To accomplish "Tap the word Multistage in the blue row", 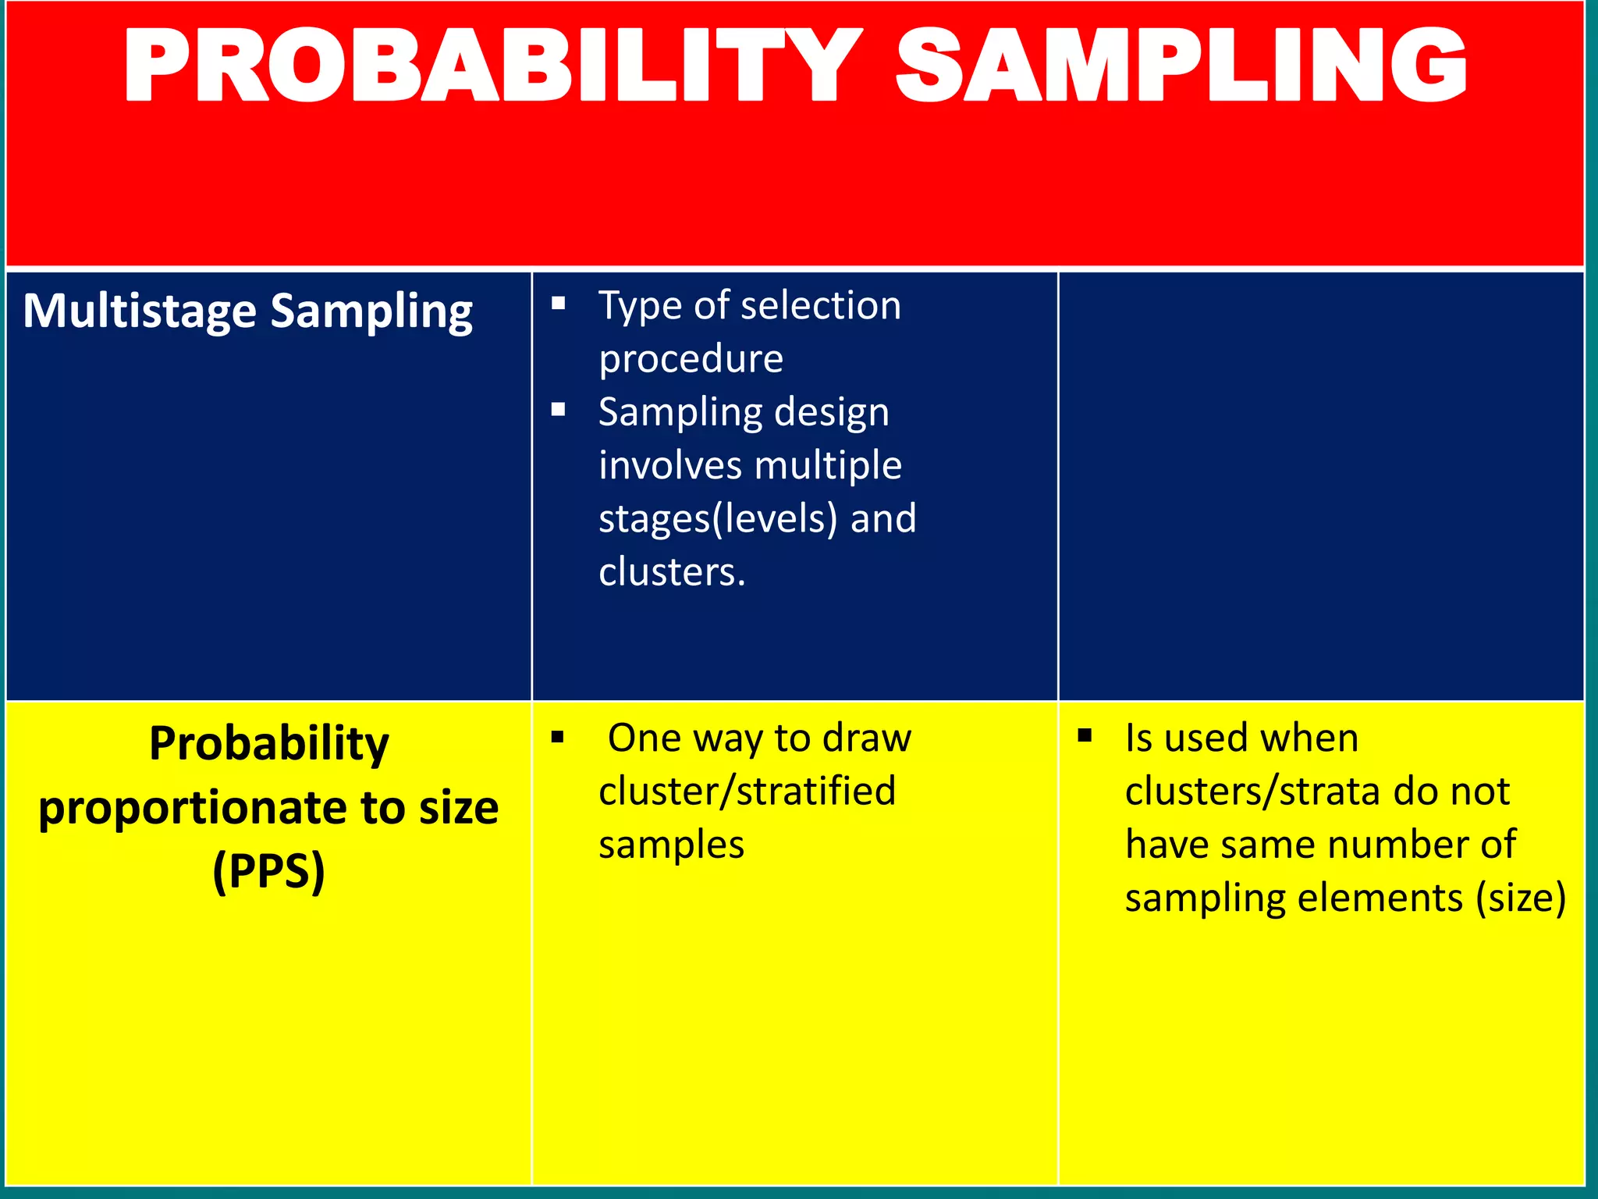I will (140, 311).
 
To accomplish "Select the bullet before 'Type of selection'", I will (558, 303).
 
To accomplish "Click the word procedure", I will (691, 359).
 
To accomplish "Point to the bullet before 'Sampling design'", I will (558, 409).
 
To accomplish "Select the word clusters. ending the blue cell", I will (672, 572).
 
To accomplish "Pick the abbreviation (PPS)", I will (268, 871).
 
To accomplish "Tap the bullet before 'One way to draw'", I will (557, 737).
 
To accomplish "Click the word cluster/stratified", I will (747, 792).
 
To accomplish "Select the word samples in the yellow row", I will (671, 845).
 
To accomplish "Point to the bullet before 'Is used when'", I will (1085, 735).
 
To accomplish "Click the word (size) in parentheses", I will (1521, 898).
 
